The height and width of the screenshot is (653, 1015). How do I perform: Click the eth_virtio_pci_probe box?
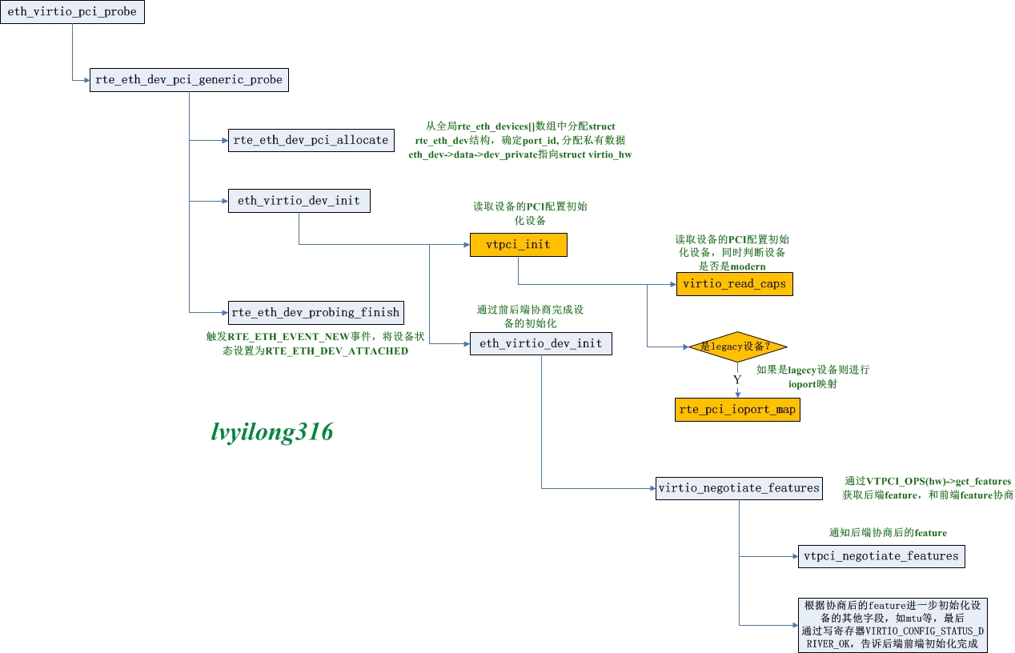73,12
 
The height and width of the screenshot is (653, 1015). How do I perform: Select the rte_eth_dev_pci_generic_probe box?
189,80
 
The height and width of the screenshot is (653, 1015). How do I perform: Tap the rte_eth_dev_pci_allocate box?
311,140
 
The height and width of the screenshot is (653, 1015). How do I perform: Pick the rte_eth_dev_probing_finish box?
316,312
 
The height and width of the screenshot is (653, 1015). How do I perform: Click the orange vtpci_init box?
519,245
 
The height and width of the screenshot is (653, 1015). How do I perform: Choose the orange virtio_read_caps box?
735,284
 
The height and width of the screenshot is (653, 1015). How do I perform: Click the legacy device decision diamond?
737,347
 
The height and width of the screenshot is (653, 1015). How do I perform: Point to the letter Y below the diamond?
737,379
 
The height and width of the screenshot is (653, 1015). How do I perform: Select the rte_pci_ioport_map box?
737,410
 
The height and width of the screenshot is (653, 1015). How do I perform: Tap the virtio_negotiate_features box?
739,488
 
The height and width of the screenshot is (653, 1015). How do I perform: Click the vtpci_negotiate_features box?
881,556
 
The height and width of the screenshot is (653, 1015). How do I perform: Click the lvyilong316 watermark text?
272,431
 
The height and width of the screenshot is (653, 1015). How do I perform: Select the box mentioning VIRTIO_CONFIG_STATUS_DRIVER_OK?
893,625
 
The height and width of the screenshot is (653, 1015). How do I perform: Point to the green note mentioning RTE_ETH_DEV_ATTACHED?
315,344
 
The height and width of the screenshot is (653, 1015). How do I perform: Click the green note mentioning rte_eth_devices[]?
520,140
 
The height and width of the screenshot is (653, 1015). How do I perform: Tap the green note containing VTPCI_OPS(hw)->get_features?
928,488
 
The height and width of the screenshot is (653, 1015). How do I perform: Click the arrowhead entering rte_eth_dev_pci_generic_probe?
87,80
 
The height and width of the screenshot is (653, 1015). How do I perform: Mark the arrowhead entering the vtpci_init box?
467,245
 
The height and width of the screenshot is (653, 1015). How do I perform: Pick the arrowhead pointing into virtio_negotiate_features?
653,488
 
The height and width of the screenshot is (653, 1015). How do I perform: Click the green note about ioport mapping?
812,377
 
